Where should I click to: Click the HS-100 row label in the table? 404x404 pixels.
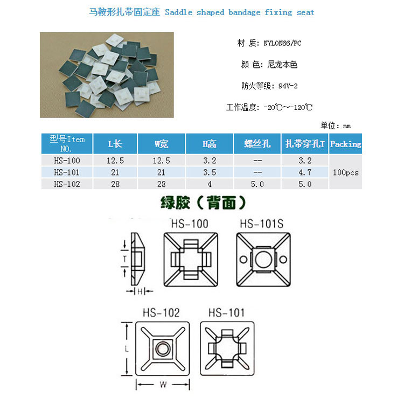67,161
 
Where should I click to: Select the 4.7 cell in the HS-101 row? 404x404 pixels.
305,172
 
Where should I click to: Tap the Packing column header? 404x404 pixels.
345,144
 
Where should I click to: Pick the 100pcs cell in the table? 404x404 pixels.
345,172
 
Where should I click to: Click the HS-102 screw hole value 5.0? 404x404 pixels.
257,184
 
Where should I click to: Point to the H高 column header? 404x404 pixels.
209,144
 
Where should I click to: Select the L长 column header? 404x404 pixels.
115,144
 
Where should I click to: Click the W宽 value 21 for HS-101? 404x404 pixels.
161,172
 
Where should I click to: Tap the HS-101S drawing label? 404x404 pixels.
261,224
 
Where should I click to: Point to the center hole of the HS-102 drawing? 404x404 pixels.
163,349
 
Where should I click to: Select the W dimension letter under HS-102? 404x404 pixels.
163,385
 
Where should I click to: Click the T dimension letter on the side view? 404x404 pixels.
125,259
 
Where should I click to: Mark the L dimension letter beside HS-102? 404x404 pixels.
127,350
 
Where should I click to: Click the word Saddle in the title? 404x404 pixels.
178,12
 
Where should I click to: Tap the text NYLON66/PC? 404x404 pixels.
282,43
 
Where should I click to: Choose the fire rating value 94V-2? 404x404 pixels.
288,86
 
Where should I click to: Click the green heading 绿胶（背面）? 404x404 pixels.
203,203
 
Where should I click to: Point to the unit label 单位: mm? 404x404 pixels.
336,126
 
